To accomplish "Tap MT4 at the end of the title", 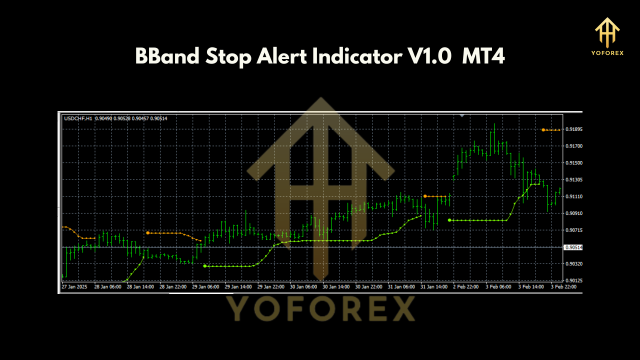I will [483, 57].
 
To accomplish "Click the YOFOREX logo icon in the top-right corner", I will [607, 33].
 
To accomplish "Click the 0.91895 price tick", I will [574, 129].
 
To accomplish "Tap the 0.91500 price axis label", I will [574, 163].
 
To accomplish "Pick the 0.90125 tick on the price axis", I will [574, 280].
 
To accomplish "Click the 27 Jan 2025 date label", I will [74, 287].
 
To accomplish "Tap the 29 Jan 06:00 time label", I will [205, 287].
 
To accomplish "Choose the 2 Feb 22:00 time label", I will [466, 287].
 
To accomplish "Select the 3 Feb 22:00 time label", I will [563, 287].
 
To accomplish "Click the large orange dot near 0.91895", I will [543, 130].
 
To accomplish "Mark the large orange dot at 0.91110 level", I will [425, 196].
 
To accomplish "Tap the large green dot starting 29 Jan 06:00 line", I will [205, 266].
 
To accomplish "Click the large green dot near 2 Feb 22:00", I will [449, 220].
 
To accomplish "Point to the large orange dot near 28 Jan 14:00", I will [147, 232].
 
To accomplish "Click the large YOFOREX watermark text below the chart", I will [320, 308].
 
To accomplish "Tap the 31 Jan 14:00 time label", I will [433, 287].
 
